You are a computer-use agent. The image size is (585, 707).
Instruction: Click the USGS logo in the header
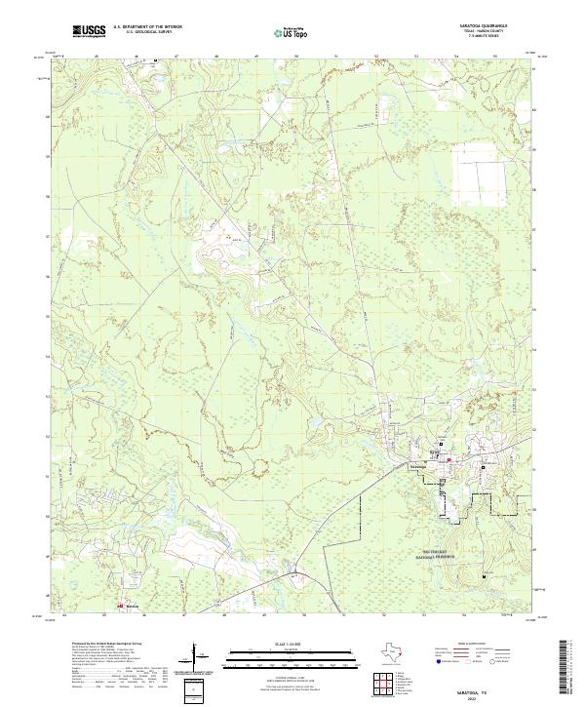(x=89, y=32)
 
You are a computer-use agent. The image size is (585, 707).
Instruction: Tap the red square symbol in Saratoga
(x=449, y=459)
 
